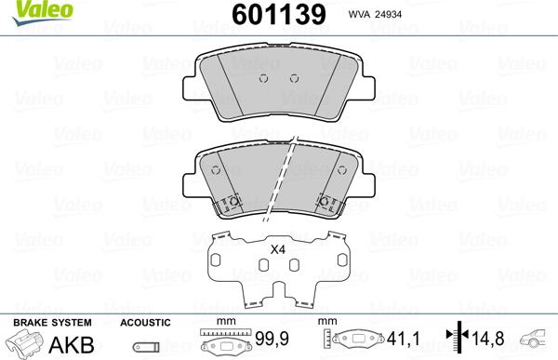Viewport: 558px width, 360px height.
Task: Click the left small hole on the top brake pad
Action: pos(264,77)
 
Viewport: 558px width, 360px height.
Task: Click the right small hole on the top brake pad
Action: pos(294,77)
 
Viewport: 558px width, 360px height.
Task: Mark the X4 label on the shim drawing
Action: pos(277,248)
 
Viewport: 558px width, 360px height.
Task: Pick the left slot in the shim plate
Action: pos(264,266)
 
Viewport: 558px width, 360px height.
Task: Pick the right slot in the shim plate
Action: pos(294,266)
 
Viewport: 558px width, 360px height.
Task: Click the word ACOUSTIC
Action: pos(145,322)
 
